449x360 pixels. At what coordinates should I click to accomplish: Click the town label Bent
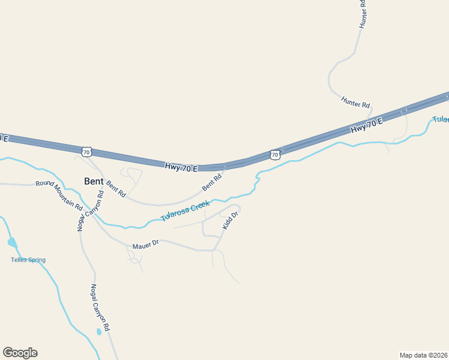pyautogui.click(x=94, y=181)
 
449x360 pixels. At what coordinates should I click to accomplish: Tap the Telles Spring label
pyautogui.click(x=28, y=260)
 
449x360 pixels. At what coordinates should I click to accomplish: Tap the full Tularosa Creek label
pyautogui.click(x=185, y=212)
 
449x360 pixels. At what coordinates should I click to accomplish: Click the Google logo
pyautogui.click(x=20, y=353)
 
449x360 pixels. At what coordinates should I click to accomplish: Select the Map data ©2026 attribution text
pyautogui.click(x=424, y=355)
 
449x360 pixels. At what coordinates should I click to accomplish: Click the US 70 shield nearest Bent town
pyautogui.click(x=87, y=152)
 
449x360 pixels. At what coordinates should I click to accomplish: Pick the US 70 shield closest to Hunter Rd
pyautogui.click(x=275, y=155)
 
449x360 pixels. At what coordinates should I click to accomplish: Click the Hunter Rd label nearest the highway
pyautogui.click(x=355, y=102)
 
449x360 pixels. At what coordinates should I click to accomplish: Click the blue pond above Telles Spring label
pyautogui.click(x=12, y=242)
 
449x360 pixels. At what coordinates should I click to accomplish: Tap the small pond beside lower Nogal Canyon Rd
pyautogui.click(x=98, y=331)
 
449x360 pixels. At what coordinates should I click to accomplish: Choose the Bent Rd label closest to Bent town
pyautogui.click(x=116, y=189)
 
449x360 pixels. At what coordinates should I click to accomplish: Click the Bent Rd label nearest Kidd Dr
pyautogui.click(x=212, y=182)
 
